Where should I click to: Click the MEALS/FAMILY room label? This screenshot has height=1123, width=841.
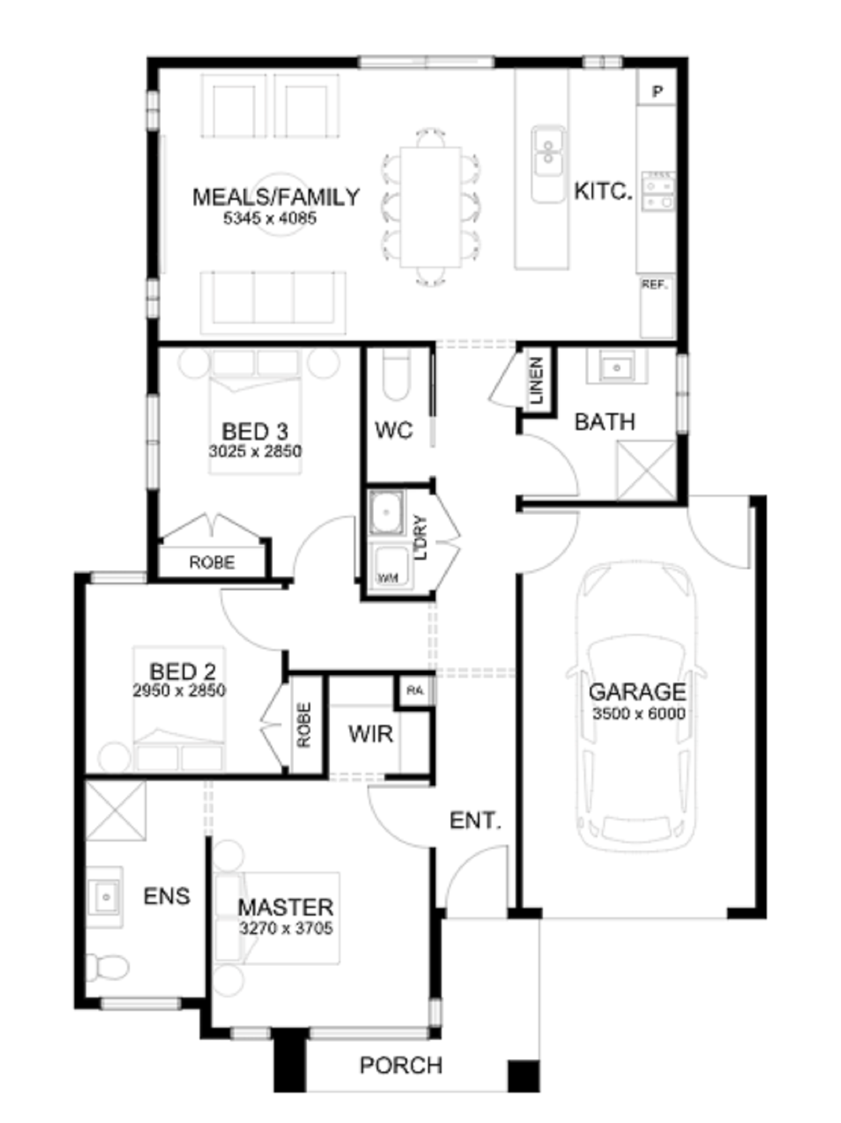coord(276,197)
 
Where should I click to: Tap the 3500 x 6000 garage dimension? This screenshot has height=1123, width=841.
coord(639,713)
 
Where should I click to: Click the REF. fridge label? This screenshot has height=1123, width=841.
coord(654,285)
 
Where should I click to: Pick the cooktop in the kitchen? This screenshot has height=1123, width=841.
coord(658,191)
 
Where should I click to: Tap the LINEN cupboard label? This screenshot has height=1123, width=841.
coord(536,381)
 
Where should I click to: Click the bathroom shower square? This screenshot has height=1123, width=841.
coord(647,470)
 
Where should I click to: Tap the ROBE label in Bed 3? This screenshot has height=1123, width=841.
coord(212,562)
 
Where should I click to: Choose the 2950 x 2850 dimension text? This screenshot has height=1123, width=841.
coord(179,691)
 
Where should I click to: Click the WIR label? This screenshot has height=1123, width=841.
coord(371,733)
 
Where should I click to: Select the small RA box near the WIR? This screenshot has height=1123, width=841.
coord(415,691)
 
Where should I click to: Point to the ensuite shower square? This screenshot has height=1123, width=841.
coord(116,811)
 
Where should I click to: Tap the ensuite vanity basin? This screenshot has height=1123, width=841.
coord(105,897)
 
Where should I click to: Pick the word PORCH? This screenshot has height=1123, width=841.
coord(401,1065)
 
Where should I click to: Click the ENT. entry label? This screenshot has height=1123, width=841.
coord(475,820)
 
